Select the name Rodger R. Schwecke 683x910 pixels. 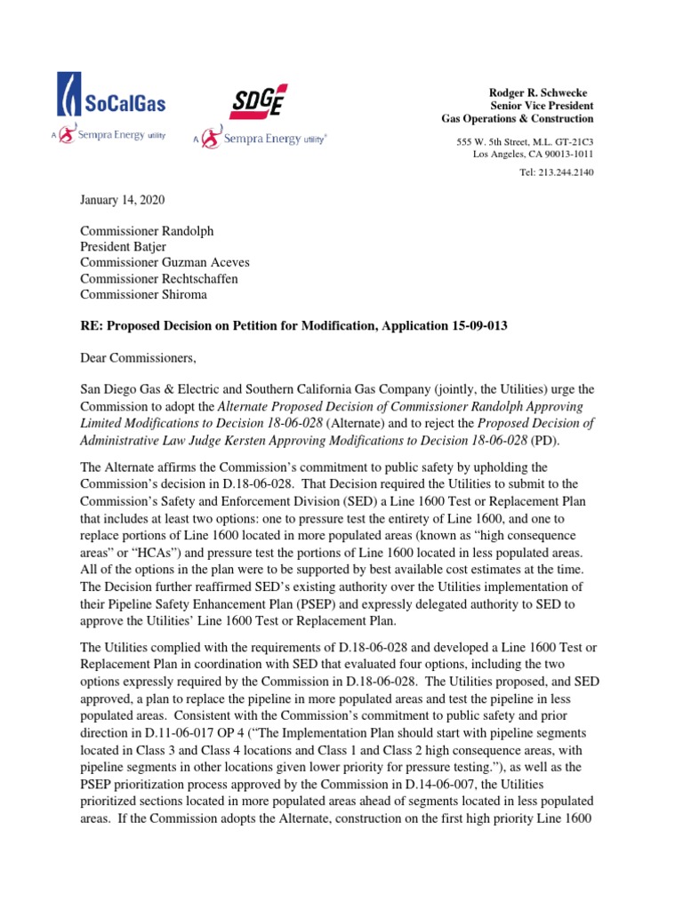tap(539, 93)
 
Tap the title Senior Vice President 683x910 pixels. tap(542, 106)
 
